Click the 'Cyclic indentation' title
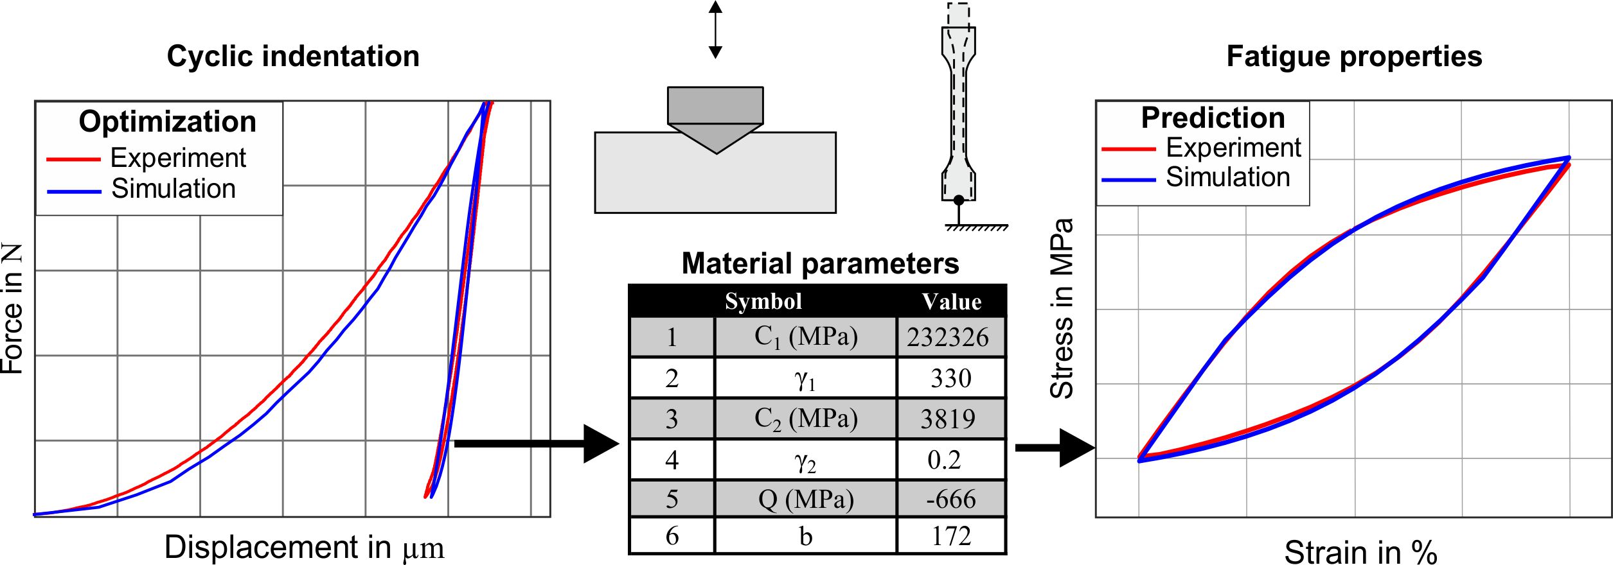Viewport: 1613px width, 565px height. point(293,56)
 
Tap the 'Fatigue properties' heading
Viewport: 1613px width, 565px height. point(1354,56)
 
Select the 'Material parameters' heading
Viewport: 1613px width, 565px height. point(820,263)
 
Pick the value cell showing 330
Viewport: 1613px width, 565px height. point(950,378)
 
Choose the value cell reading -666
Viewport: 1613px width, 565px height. point(950,499)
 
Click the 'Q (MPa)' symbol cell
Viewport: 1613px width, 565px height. point(806,499)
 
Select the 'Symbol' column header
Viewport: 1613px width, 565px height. point(763,301)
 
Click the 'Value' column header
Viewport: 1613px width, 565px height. point(951,301)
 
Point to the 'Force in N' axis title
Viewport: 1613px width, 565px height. point(13,308)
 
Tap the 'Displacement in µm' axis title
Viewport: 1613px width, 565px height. point(304,548)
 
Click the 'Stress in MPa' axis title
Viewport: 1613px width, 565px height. point(1062,308)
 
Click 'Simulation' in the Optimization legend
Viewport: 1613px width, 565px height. point(173,189)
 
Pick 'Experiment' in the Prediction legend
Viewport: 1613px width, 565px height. point(1233,148)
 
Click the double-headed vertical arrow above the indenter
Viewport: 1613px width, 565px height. point(715,30)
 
